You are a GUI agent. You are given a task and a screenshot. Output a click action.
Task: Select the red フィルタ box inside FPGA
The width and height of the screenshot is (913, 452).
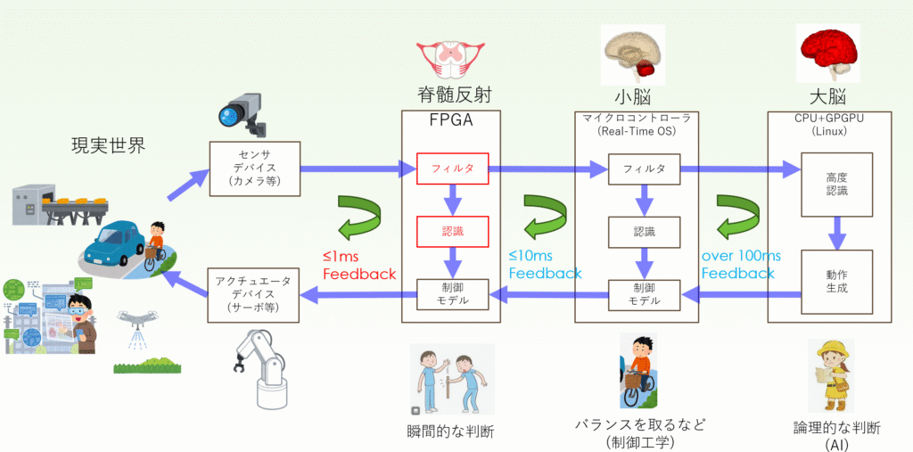click(452, 168)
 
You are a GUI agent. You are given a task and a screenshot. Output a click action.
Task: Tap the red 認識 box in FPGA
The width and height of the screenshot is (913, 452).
click(452, 231)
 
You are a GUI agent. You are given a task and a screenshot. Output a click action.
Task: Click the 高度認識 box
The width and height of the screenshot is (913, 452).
click(836, 184)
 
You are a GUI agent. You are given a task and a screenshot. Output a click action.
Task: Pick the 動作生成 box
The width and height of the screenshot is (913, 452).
click(836, 282)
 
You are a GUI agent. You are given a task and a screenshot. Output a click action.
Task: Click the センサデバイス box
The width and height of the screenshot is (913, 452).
click(255, 168)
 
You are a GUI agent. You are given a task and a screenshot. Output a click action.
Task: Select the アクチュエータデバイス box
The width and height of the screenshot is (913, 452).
click(254, 295)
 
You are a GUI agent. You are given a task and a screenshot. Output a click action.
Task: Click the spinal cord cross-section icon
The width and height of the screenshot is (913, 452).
click(450, 59)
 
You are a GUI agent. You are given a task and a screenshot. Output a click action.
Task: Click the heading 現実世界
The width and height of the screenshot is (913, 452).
click(108, 145)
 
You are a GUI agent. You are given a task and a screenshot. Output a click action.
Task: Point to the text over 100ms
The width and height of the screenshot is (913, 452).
click(741, 256)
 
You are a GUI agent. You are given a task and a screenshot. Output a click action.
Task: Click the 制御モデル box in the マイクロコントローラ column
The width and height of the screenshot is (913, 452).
click(645, 295)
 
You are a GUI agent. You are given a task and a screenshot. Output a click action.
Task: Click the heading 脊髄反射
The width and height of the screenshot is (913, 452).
click(450, 95)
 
